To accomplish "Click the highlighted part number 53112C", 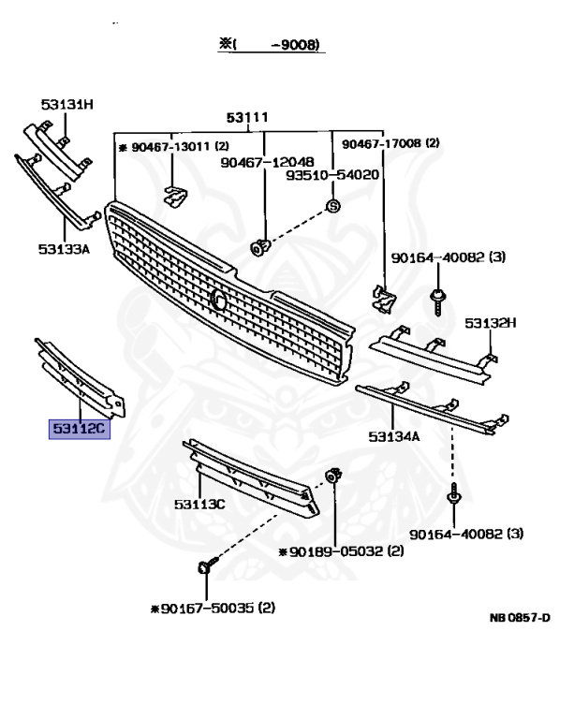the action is click(x=80, y=431).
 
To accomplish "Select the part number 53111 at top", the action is click(x=248, y=117).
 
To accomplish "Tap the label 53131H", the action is click(x=66, y=104).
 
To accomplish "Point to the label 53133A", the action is click(x=64, y=249).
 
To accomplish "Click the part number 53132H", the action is click(x=491, y=324).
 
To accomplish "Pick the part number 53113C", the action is click(x=199, y=504).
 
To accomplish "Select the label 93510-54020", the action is click(x=332, y=175).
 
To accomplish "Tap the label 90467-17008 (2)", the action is click(x=390, y=144).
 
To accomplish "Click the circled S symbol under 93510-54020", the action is click(x=333, y=205).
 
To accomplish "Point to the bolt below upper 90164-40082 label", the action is click(x=437, y=299).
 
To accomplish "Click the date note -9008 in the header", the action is click(x=302, y=44).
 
